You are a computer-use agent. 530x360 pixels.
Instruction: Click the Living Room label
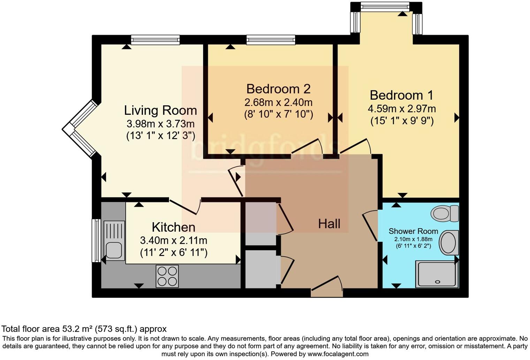(160, 111)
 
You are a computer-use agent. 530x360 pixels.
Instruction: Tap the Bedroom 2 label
(278, 89)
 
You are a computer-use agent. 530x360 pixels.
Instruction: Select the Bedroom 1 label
(401, 95)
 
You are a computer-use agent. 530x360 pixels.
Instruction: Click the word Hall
(329, 224)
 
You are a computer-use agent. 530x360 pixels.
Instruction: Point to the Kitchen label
(173, 227)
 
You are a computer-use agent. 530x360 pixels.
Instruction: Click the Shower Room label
(413, 231)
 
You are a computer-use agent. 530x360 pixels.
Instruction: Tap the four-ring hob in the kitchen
(167, 276)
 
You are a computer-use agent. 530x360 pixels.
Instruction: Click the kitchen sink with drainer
(114, 240)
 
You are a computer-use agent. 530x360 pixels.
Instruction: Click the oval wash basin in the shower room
(448, 243)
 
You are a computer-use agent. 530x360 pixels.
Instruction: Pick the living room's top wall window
(156, 40)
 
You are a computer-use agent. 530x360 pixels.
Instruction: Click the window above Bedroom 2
(271, 40)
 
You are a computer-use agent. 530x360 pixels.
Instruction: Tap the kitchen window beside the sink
(96, 240)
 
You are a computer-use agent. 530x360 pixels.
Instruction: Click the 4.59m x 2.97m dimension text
(401, 109)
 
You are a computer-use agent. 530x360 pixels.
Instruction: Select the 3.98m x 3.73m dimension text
(160, 124)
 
